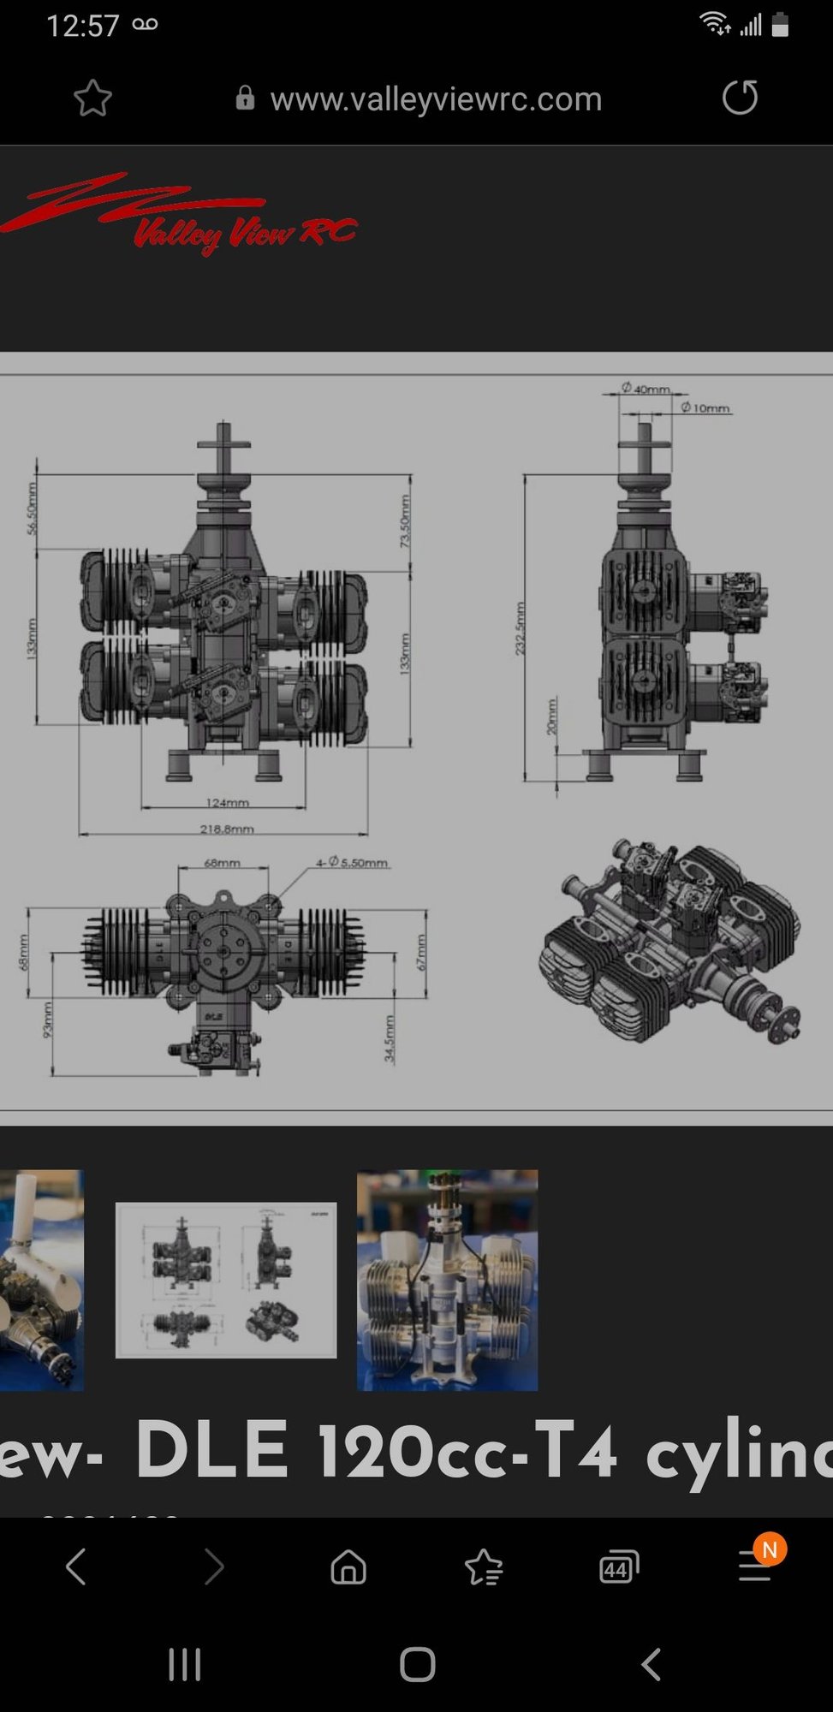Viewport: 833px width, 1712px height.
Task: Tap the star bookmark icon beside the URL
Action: click(92, 98)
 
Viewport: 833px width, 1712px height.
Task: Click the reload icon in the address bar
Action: click(740, 98)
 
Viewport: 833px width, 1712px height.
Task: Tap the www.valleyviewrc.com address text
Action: click(436, 99)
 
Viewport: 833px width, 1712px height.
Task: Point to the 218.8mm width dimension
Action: click(227, 829)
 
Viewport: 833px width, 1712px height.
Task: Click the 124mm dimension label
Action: click(227, 802)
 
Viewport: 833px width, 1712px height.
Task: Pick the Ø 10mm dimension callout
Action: click(706, 408)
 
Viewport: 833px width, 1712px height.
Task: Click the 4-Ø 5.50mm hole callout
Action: click(352, 862)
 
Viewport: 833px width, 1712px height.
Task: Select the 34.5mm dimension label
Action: click(390, 1039)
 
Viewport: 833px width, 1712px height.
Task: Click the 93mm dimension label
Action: click(48, 1019)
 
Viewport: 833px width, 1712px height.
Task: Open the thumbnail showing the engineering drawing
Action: click(226, 1280)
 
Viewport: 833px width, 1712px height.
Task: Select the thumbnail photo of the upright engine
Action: click(447, 1280)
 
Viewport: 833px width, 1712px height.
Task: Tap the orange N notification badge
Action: click(770, 1549)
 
